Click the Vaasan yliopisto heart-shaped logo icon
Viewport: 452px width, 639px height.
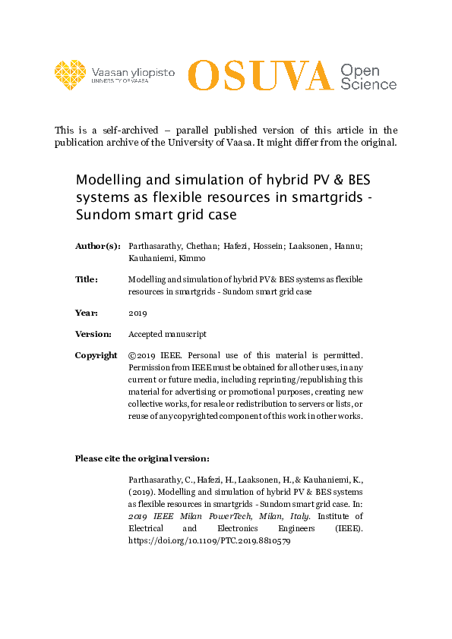coord(71,74)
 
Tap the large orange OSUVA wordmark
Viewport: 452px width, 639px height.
coord(260,75)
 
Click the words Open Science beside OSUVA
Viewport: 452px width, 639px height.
coord(368,77)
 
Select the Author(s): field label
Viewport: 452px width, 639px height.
coord(97,246)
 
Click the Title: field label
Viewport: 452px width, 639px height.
coord(87,279)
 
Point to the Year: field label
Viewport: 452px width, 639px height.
coord(87,313)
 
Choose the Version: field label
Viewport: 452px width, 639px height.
coord(93,334)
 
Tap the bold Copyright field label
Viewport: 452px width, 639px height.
coord(96,355)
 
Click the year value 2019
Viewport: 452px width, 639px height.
coord(137,313)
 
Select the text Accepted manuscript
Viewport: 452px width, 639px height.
coord(167,334)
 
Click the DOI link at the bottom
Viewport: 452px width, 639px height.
coord(210,542)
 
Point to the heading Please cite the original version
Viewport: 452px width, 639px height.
coord(142,458)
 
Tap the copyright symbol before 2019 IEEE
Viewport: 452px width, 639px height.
coord(133,355)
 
